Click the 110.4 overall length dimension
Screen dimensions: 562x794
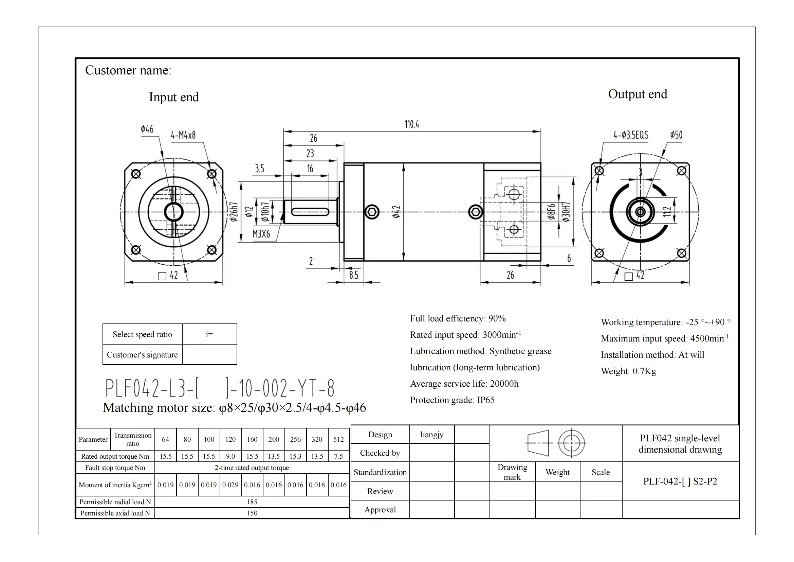click(x=411, y=124)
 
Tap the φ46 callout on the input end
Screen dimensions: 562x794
click(x=147, y=129)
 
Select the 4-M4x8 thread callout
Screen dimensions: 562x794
click(x=183, y=135)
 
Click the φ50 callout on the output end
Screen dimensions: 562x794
click(x=676, y=135)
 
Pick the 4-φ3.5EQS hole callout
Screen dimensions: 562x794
click(x=631, y=135)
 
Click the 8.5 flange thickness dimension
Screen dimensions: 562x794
click(x=353, y=275)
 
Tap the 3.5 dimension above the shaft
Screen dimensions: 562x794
click(x=259, y=169)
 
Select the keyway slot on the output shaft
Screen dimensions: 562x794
click(x=310, y=212)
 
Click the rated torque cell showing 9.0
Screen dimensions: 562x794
click(x=230, y=456)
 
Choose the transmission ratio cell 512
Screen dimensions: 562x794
click(x=338, y=439)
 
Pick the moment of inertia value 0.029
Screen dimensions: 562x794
click(x=230, y=485)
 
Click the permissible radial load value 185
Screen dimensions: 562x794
click(x=252, y=502)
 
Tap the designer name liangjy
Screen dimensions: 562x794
click(x=431, y=435)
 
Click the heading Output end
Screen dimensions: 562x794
click(x=638, y=94)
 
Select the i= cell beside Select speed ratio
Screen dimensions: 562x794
click(x=209, y=334)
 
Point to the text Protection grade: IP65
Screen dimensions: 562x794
click(x=452, y=400)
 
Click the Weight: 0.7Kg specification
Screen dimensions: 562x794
click(x=628, y=371)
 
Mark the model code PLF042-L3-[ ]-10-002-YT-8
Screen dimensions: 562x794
click(x=220, y=388)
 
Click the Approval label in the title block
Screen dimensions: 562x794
click(x=380, y=510)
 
